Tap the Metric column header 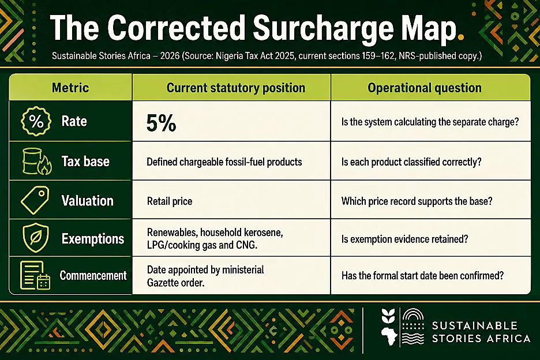70,88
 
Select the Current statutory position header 236,88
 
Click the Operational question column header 425,88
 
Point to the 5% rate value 161,123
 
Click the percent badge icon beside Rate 36,121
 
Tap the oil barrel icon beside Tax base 37,161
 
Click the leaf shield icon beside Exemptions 35,238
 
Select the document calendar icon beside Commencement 35,275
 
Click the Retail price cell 170,201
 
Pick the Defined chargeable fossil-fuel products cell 224,162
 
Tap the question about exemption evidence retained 404,239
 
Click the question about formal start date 422,276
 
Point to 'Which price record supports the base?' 417,201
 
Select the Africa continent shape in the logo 389,336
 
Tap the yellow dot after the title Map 460,36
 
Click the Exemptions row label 93,239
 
